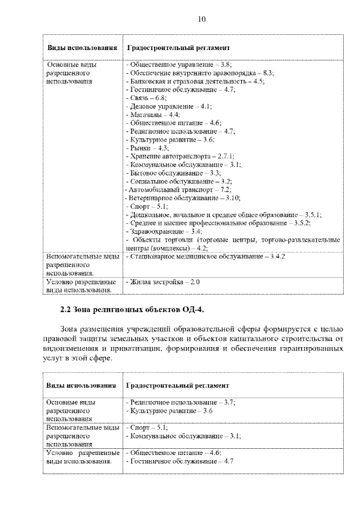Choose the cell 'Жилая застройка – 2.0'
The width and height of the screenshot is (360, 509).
(x=164, y=281)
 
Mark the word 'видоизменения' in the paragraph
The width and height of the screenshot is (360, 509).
(x=67, y=349)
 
